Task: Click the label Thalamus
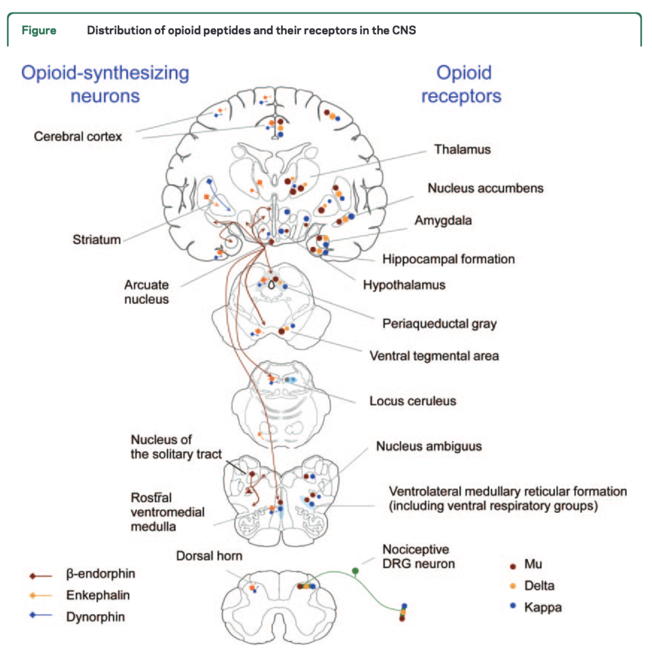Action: click(x=462, y=150)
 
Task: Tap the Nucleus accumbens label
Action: click(x=485, y=188)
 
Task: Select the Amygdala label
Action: click(x=443, y=220)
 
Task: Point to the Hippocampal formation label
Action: click(x=448, y=259)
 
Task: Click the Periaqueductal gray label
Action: click(x=439, y=324)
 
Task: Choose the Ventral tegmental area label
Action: click(x=434, y=356)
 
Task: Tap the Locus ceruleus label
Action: click(x=413, y=401)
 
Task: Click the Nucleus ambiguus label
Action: click(x=429, y=446)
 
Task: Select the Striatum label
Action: click(x=97, y=240)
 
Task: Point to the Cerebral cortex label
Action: click(x=78, y=137)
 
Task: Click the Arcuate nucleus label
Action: click(x=146, y=292)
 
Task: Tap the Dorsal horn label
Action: click(x=209, y=556)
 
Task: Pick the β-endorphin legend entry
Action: click(x=100, y=574)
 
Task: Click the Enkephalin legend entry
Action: click(x=98, y=595)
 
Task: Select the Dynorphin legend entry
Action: click(x=95, y=617)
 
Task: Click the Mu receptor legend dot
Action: click(x=513, y=567)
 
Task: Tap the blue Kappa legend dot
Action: click(x=513, y=606)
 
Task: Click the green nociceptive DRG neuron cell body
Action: click(x=355, y=571)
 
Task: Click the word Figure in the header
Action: click(x=39, y=30)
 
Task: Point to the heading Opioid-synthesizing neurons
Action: click(x=105, y=84)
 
